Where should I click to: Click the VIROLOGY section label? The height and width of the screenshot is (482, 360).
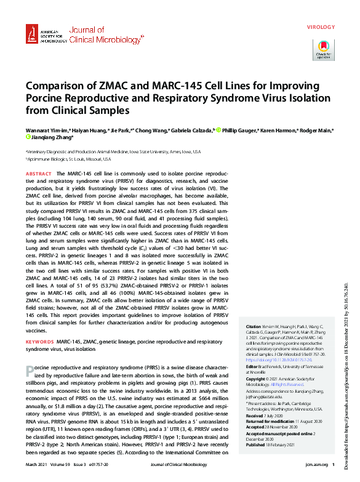[x=321, y=28]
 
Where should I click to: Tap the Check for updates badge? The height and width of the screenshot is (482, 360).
[x=323, y=49]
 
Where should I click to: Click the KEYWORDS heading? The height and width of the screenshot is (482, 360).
[x=39, y=340]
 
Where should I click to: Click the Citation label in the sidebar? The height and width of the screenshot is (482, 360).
[x=253, y=326]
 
